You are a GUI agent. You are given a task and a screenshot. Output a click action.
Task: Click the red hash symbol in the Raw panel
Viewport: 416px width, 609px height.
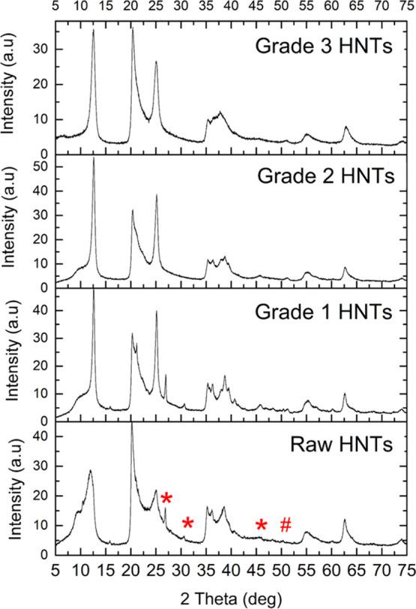pos(286,525)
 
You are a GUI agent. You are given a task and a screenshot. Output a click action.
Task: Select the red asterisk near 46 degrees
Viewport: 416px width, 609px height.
pos(261,525)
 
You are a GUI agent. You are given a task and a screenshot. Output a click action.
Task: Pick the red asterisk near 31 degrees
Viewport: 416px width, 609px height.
pos(188,523)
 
